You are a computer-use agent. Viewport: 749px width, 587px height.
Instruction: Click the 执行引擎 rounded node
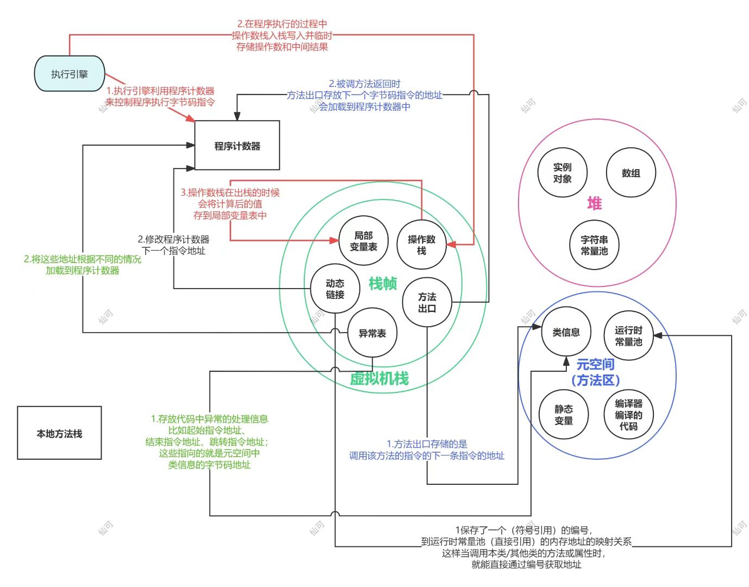69,73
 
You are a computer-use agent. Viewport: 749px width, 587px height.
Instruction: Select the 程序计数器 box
237,145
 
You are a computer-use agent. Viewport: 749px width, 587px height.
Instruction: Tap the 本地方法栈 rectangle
59,433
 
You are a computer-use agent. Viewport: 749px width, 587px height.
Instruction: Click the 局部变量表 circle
363,241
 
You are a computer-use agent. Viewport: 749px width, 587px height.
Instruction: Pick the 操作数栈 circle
422,245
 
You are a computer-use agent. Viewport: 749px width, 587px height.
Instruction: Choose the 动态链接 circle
335,289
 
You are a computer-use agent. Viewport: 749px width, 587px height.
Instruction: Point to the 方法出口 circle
427,302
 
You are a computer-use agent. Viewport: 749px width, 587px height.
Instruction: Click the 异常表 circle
372,333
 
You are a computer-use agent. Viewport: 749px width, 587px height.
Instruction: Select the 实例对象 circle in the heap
562,173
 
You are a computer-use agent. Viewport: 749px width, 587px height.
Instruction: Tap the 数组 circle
631,173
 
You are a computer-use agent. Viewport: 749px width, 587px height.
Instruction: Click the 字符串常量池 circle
594,245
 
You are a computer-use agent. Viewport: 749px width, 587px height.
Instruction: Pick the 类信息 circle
566,332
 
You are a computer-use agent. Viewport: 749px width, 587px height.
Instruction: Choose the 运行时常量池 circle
629,336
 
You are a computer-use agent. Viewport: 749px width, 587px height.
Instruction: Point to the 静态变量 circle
564,414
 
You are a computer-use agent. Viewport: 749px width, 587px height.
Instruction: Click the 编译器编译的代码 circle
629,414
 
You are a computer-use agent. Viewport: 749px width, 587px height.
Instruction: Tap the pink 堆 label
595,203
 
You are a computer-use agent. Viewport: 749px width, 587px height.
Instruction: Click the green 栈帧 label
383,284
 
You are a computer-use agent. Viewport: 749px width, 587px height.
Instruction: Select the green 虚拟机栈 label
379,378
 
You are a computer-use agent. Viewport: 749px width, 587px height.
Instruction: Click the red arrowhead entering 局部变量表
334,240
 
